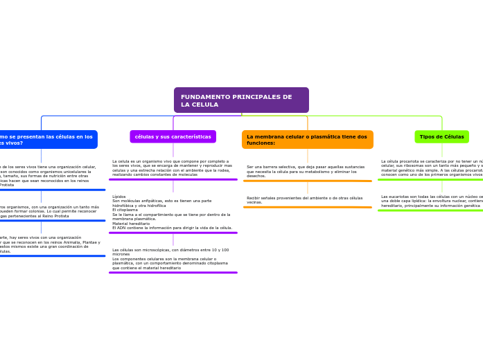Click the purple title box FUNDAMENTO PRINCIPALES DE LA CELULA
(241, 100)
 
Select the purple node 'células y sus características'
(173, 136)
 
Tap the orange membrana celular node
(307, 139)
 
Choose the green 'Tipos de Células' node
(441, 136)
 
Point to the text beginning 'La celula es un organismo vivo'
(172, 168)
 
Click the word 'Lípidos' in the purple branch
(119, 197)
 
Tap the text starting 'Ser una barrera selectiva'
(306, 171)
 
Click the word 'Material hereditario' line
(131, 223)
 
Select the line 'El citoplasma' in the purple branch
(125, 210)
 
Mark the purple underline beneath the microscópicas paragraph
(173, 272)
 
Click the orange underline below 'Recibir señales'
(307, 207)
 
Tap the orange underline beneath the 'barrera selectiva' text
(307, 181)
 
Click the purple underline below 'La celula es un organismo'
(173, 179)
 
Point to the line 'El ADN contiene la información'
(172, 228)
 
